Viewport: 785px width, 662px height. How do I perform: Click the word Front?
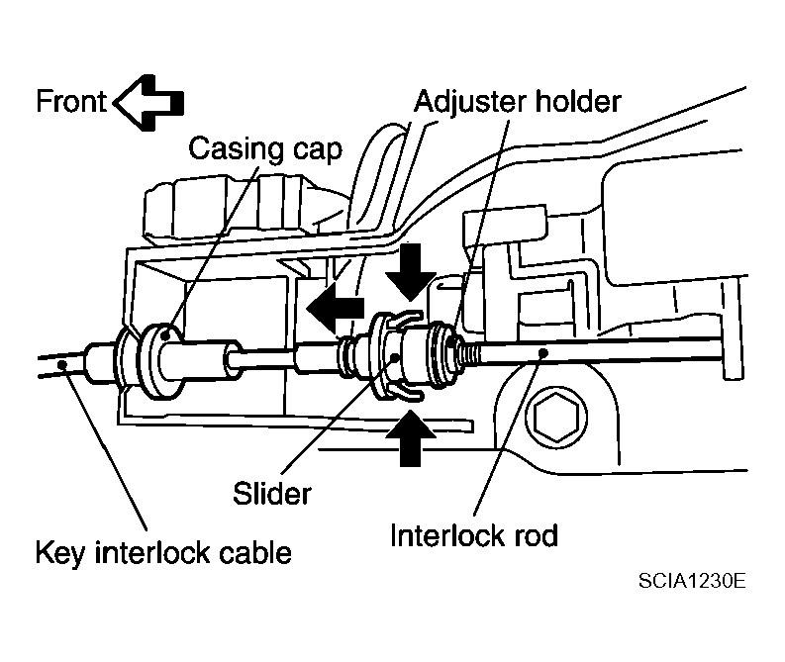71,102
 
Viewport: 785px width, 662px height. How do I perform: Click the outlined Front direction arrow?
148,103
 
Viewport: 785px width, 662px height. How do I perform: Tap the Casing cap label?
265,149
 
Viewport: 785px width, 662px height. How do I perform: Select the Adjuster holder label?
517,102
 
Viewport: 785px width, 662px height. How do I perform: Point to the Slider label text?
272,494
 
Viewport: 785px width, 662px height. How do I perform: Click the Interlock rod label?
473,535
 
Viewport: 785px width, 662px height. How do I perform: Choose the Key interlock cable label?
163,553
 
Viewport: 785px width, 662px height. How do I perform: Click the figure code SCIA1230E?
692,581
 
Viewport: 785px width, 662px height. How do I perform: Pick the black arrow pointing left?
335,307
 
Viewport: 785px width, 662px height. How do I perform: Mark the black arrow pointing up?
411,437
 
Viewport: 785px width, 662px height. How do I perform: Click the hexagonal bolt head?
555,417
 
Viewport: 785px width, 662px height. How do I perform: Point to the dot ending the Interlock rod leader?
543,352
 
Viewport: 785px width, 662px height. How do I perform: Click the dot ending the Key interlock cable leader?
62,364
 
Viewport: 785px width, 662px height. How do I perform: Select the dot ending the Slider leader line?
396,358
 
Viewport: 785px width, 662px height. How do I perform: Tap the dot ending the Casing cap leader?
166,335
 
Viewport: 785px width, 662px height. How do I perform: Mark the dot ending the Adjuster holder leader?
452,342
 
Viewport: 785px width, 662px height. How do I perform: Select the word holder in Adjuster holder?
578,101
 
